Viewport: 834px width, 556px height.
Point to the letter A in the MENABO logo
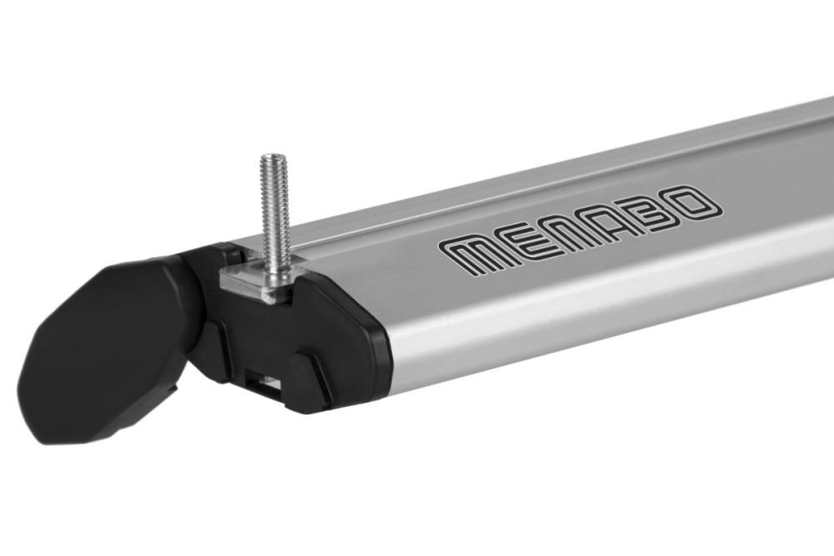(612, 219)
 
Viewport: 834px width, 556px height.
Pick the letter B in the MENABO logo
(657, 209)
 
